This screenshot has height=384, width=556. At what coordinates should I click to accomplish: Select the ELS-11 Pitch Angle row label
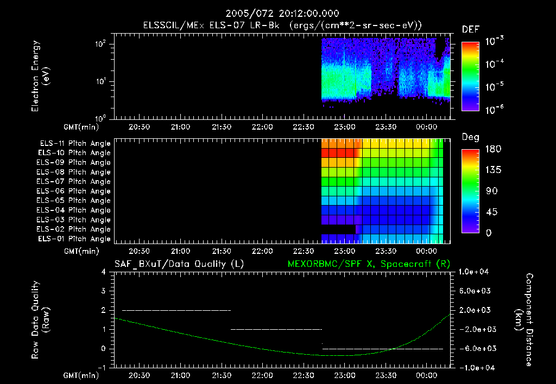pyautogui.click(x=73, y=144)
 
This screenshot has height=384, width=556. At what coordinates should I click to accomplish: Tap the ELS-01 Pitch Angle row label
pyautogui.click(x=73, y=239)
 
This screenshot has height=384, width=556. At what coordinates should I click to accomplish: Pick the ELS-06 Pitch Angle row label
pyautogui.click(x=73, y=191)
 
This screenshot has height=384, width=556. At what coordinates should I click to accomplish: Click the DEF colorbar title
pyautogui.click(x=470, y=30)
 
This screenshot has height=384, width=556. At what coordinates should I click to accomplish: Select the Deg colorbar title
pyautogui.click(x=470, y=137)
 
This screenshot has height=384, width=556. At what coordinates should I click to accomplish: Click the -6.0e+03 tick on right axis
pyautogui.click(x=476, y=348)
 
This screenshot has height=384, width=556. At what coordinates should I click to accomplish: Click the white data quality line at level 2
pyautogui.click(x=176, y=310)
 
